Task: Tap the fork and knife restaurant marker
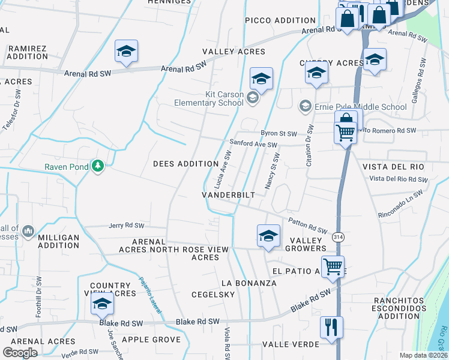(331, 328)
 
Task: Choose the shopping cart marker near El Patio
(333, 266)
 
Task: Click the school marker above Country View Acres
(103, 304)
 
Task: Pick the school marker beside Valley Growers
(268, 235)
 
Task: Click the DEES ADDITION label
(185, 164)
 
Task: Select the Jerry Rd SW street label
(127, 226)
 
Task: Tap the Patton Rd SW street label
(308, 226)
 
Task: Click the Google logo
(20, 352)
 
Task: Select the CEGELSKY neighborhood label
(212, 295)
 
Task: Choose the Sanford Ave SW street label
(253, 145)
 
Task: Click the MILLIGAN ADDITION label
(58, 242)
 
